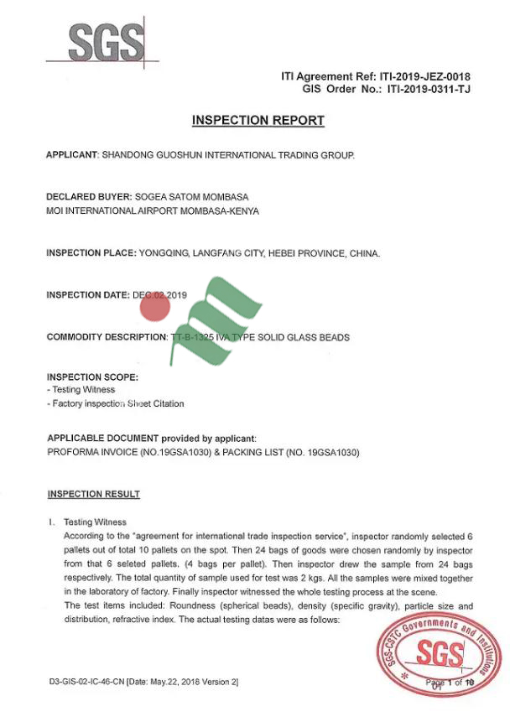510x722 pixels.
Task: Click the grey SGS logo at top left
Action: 103,40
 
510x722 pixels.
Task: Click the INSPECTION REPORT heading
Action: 258,121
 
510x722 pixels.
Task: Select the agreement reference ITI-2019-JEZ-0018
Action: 424,77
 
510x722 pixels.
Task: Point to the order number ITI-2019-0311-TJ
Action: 429,89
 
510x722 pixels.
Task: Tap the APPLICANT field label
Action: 72,155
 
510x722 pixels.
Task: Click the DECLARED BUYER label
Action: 88,197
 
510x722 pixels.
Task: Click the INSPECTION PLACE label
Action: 91,253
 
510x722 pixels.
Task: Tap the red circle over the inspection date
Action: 155,309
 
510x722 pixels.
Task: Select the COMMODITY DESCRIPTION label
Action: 107,337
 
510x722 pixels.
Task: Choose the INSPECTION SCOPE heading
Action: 92,377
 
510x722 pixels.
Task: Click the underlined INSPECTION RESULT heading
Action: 94,494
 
